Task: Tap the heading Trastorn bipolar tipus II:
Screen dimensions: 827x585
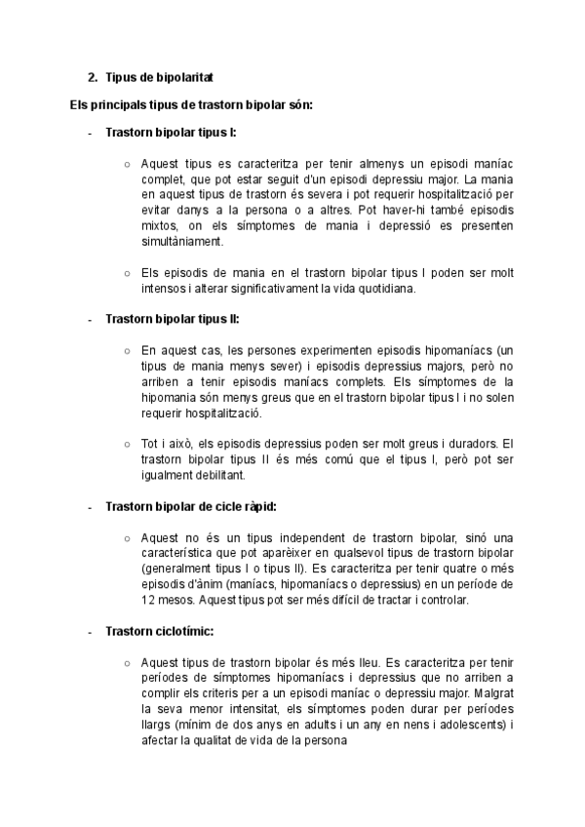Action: click(x=172, y=319)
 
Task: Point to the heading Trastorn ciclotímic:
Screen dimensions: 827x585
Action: click(x=159, y=631)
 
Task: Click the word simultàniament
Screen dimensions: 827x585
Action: click(x=181, y=242)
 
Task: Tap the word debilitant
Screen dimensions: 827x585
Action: click(x=216, y=475)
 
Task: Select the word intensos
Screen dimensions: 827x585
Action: click(x=167, y=288)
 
